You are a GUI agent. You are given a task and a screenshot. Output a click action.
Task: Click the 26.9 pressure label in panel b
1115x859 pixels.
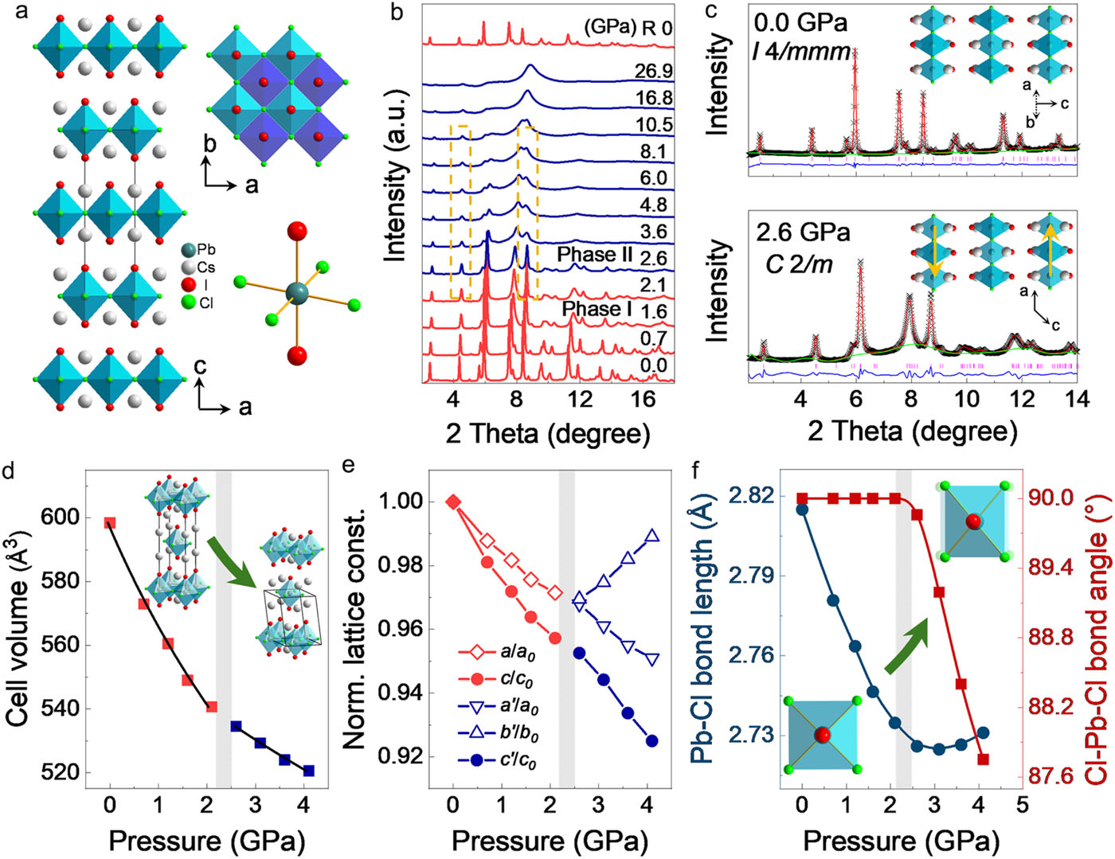(x=653, y=72)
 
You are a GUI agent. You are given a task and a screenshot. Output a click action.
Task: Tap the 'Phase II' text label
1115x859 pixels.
(x=593, y=255)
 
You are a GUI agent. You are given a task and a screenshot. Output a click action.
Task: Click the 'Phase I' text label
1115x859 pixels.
(x=597, y=308)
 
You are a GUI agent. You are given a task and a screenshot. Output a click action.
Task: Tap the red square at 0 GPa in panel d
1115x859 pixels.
(x=110, y=523)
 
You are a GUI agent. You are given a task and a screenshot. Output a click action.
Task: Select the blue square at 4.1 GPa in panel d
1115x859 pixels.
(x=308, y=771)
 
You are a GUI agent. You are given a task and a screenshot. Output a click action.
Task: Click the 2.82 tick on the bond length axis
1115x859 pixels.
(x=750, y=495)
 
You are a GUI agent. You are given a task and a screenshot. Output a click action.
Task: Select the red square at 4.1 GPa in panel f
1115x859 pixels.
(x=983, y=759)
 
